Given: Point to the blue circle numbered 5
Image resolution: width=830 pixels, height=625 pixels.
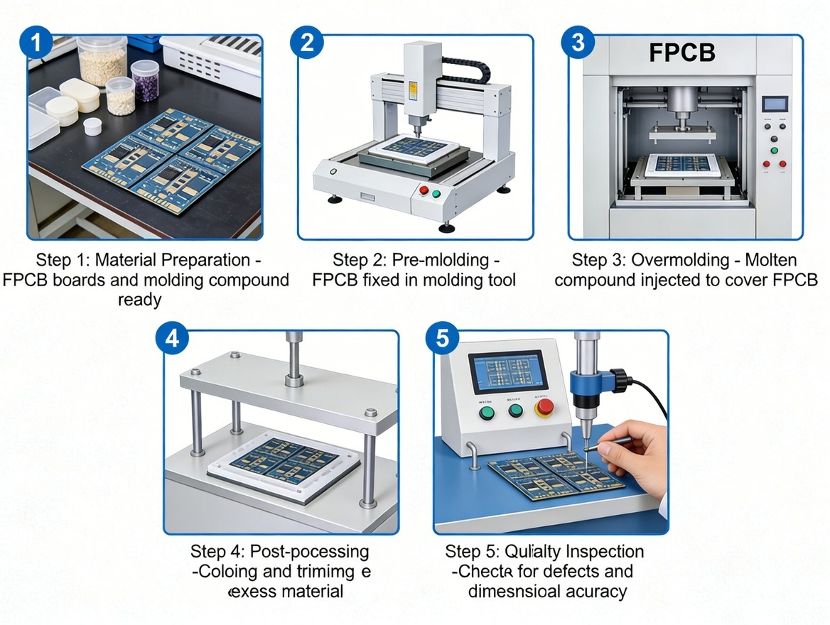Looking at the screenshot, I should coord(442,338).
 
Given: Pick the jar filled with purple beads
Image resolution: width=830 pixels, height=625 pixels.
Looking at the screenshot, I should coord(145,80).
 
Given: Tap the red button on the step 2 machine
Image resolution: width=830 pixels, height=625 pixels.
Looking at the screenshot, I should coord(424,190).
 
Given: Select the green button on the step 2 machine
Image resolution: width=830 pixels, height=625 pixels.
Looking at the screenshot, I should coord(436,193).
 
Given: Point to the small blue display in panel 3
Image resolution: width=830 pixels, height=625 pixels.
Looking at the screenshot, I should coord(772,104).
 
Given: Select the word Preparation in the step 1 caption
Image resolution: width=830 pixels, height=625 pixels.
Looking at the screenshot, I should coord(203,260).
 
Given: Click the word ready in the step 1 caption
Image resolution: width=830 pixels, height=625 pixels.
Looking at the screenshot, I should coord(139,300).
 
